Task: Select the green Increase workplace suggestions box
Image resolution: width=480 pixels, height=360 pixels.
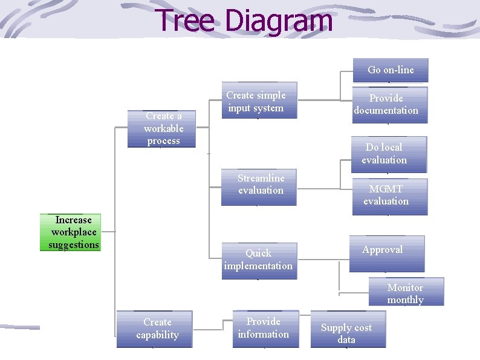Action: (x=70, y=232)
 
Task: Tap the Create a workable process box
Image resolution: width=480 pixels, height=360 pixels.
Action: (x=161, y=129)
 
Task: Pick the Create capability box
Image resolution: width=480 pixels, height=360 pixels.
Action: (x=155, y=329)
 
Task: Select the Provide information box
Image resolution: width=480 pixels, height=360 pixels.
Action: (x=265, y=329)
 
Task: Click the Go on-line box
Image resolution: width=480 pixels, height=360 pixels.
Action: (x=391, y=70)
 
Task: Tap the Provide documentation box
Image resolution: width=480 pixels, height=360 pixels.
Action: (x=386, y=105)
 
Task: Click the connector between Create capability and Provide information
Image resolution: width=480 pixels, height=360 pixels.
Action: (x=213, y=330)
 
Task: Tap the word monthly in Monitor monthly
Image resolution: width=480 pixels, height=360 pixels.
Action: (x=406, y=300)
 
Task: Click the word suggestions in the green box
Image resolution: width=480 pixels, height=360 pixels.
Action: (x=74, y=245)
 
